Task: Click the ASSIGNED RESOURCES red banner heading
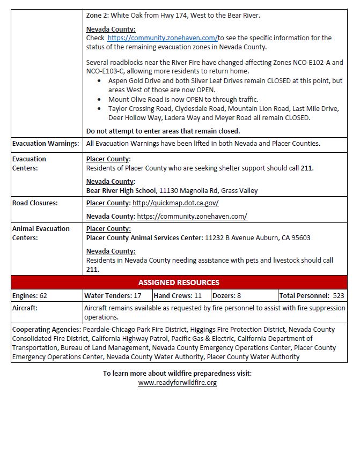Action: tap(179, 282)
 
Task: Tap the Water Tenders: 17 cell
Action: tap(113, 295)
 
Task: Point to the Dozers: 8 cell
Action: tap(226, 295)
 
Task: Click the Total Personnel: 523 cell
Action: tap(312, 295)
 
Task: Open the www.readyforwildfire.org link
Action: tap(178, 383)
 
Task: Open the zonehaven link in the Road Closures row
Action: tap(192, 217)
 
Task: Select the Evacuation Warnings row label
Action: tap(46, 143)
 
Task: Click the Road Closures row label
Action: tap(35, 203)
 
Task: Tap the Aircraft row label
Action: tap(26, 308)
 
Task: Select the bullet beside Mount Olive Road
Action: tap(101, 100)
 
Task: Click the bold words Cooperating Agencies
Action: tap(47, 329)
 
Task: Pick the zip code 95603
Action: tap(299, 238)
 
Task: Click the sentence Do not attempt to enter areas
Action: tap(163, 131)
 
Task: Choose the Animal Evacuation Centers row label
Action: tap(41, 233)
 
